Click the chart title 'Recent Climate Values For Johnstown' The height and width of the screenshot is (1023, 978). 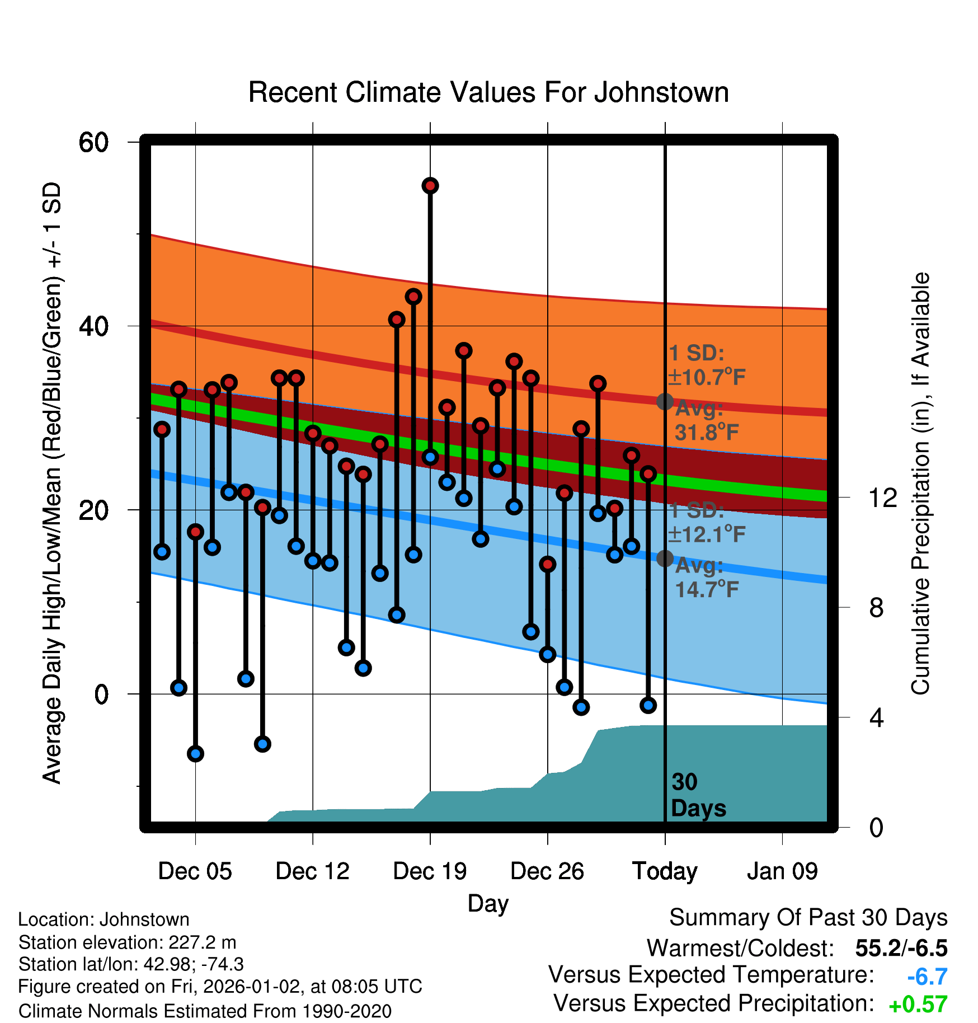click(x=488, y=92)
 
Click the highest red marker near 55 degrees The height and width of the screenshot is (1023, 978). click(x=430, y=186)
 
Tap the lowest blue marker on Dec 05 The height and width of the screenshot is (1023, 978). click(x=195, y=754)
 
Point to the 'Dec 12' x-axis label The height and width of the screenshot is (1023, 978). click(x=312, y=871)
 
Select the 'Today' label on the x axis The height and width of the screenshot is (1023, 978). click(x=665, y=871)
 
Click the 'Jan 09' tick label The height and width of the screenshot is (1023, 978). click(x=782, y=871)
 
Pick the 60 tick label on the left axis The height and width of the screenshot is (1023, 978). click(x=93, y=142)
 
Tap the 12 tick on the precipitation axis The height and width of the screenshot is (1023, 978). click(x=883, y=497)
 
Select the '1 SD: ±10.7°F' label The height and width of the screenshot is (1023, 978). click(x=707, y=365)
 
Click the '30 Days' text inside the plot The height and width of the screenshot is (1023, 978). click(x=698, y=795)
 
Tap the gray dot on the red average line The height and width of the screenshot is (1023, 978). click(x=665, y=401)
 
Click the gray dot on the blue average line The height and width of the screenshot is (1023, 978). click(x=665, y=558)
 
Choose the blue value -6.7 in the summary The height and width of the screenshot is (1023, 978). click(x=927, y=977)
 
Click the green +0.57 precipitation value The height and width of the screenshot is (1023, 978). click(x=918, y=1005)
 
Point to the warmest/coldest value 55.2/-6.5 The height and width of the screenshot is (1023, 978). click(x=901, y=948)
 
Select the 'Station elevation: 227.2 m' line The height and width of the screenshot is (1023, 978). click(x=127, y=942)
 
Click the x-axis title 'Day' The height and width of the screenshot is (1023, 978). click(x=488, y=903)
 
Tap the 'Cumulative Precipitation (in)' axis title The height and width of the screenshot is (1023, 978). click(x=920, y=484)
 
